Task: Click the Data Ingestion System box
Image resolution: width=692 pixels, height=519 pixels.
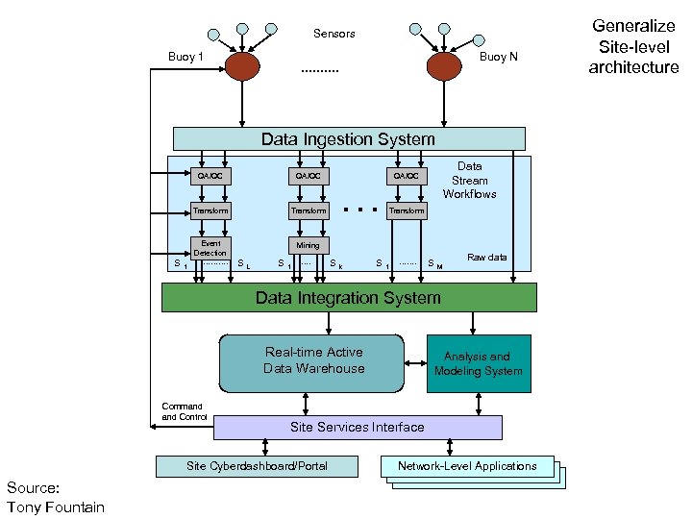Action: [x=348, y=139]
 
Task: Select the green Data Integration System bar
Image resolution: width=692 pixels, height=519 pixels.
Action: [x=348, y=298]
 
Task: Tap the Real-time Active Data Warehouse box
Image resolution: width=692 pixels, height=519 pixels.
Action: [x=313, y=362]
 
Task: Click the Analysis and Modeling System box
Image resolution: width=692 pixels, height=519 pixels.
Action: [x=478, y=363]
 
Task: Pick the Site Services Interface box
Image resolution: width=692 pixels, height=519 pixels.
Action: [x=357, y=427]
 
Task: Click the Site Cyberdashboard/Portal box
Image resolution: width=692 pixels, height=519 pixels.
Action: [x=257, y=466]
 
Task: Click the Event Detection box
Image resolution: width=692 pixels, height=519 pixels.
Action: [x=210, y=247]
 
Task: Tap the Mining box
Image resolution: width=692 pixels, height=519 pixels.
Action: [x=308, y=245]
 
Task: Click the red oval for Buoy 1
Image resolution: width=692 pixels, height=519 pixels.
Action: [x=242, y=65]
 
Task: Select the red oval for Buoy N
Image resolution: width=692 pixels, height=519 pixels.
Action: [x=443, y=65]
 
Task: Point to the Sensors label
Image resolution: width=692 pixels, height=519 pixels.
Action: [x=334, y=34]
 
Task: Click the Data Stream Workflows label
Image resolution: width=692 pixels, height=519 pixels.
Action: [x=469, y=181]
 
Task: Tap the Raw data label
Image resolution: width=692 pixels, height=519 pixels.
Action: [x=486, y=258]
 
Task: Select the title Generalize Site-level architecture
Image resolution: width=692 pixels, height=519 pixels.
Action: [x=633, y=46]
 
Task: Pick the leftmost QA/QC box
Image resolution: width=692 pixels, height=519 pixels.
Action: [x=210, y=176]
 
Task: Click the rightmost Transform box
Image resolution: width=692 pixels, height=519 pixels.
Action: [x=406, y=210]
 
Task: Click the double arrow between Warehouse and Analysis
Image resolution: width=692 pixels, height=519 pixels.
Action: [x=415, y=362]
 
